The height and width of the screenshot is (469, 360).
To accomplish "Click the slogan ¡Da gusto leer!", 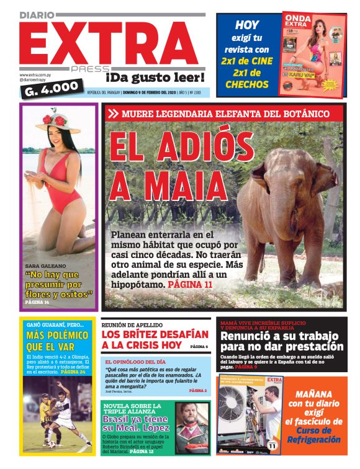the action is [155, 78].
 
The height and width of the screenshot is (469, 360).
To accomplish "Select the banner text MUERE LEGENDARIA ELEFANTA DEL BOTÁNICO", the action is [225, 114].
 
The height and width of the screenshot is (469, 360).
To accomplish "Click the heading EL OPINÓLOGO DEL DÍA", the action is [135, 362].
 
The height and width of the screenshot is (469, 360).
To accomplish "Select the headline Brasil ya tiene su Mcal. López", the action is [136, 423].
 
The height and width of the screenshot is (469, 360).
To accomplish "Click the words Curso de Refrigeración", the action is [318, 434].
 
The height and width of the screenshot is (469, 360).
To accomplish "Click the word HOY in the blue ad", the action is [246, 25].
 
